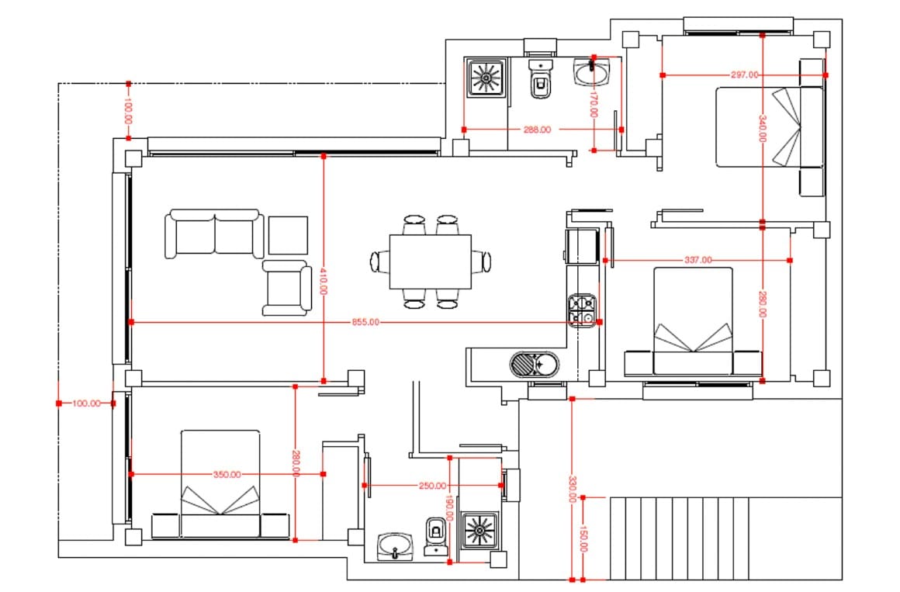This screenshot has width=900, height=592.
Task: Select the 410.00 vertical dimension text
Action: (324, 281)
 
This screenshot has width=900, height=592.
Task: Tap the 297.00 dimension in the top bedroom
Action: (744, 75)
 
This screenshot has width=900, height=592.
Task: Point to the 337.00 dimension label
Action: (697, 260)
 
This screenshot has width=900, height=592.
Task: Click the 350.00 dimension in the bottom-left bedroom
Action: (227, 474)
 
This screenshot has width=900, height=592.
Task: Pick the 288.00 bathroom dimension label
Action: (537, 130)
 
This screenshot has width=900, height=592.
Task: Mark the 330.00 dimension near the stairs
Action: (572, 490)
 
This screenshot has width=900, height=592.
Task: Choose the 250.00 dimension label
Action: (432, 486)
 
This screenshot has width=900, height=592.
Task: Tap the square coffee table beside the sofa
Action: (288, 235)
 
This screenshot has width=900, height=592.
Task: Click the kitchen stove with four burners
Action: (582, 311)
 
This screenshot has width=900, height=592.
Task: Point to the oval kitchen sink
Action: (534, 363)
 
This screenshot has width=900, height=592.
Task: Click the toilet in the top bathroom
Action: (541, 80)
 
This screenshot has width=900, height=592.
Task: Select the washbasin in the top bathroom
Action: (592, 74)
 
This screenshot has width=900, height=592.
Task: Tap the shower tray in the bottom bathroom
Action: (479, 531)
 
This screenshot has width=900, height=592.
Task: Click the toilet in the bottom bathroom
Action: (437, 535)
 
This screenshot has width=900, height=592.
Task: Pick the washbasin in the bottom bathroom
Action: (396, 545)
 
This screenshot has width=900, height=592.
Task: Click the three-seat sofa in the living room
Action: (213, 234)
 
